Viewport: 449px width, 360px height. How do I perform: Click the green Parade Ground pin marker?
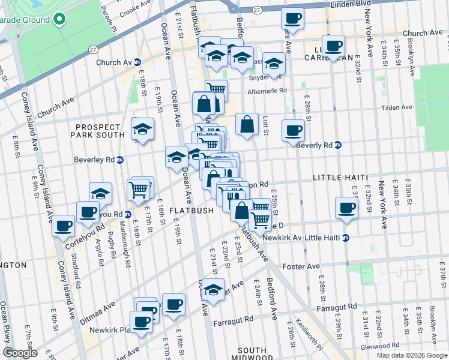tap(59, 19)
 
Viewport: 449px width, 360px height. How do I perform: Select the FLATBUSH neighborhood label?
tap(191, 211)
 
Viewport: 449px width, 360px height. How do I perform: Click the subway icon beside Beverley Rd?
tap(120, 160)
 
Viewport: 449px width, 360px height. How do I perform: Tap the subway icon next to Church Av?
tap(137, 62)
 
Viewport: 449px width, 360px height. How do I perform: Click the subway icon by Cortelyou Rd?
tap(127, 214)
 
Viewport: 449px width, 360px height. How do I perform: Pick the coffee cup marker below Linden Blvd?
tap(292, 19)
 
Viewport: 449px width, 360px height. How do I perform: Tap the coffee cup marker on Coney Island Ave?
tap(63, 227)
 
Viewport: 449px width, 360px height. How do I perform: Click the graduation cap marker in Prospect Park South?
tap(142, 130)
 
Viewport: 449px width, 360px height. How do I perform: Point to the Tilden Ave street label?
tap(397, 107)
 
